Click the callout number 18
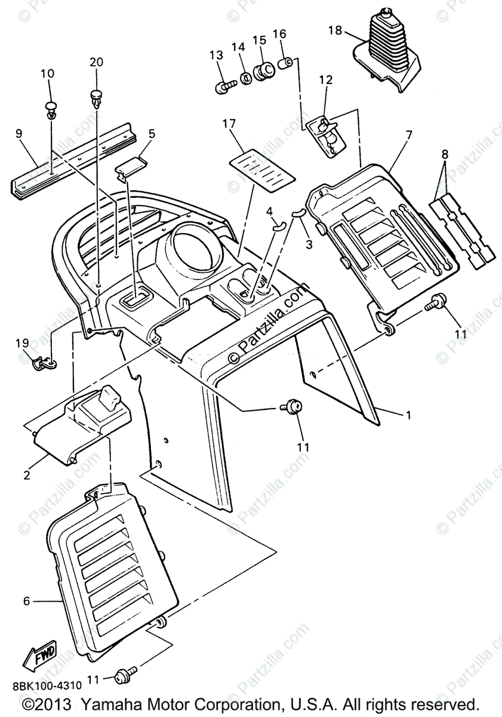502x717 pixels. coord(335,30)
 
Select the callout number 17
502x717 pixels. coord(229,124)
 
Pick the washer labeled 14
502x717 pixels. coord(245,78)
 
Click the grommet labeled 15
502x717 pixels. coord(263,72)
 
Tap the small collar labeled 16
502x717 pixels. coord(285,62)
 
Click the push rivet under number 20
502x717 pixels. coord(96,97)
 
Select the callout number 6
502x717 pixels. coord(26,600)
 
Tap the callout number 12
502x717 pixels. coord(325,79)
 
